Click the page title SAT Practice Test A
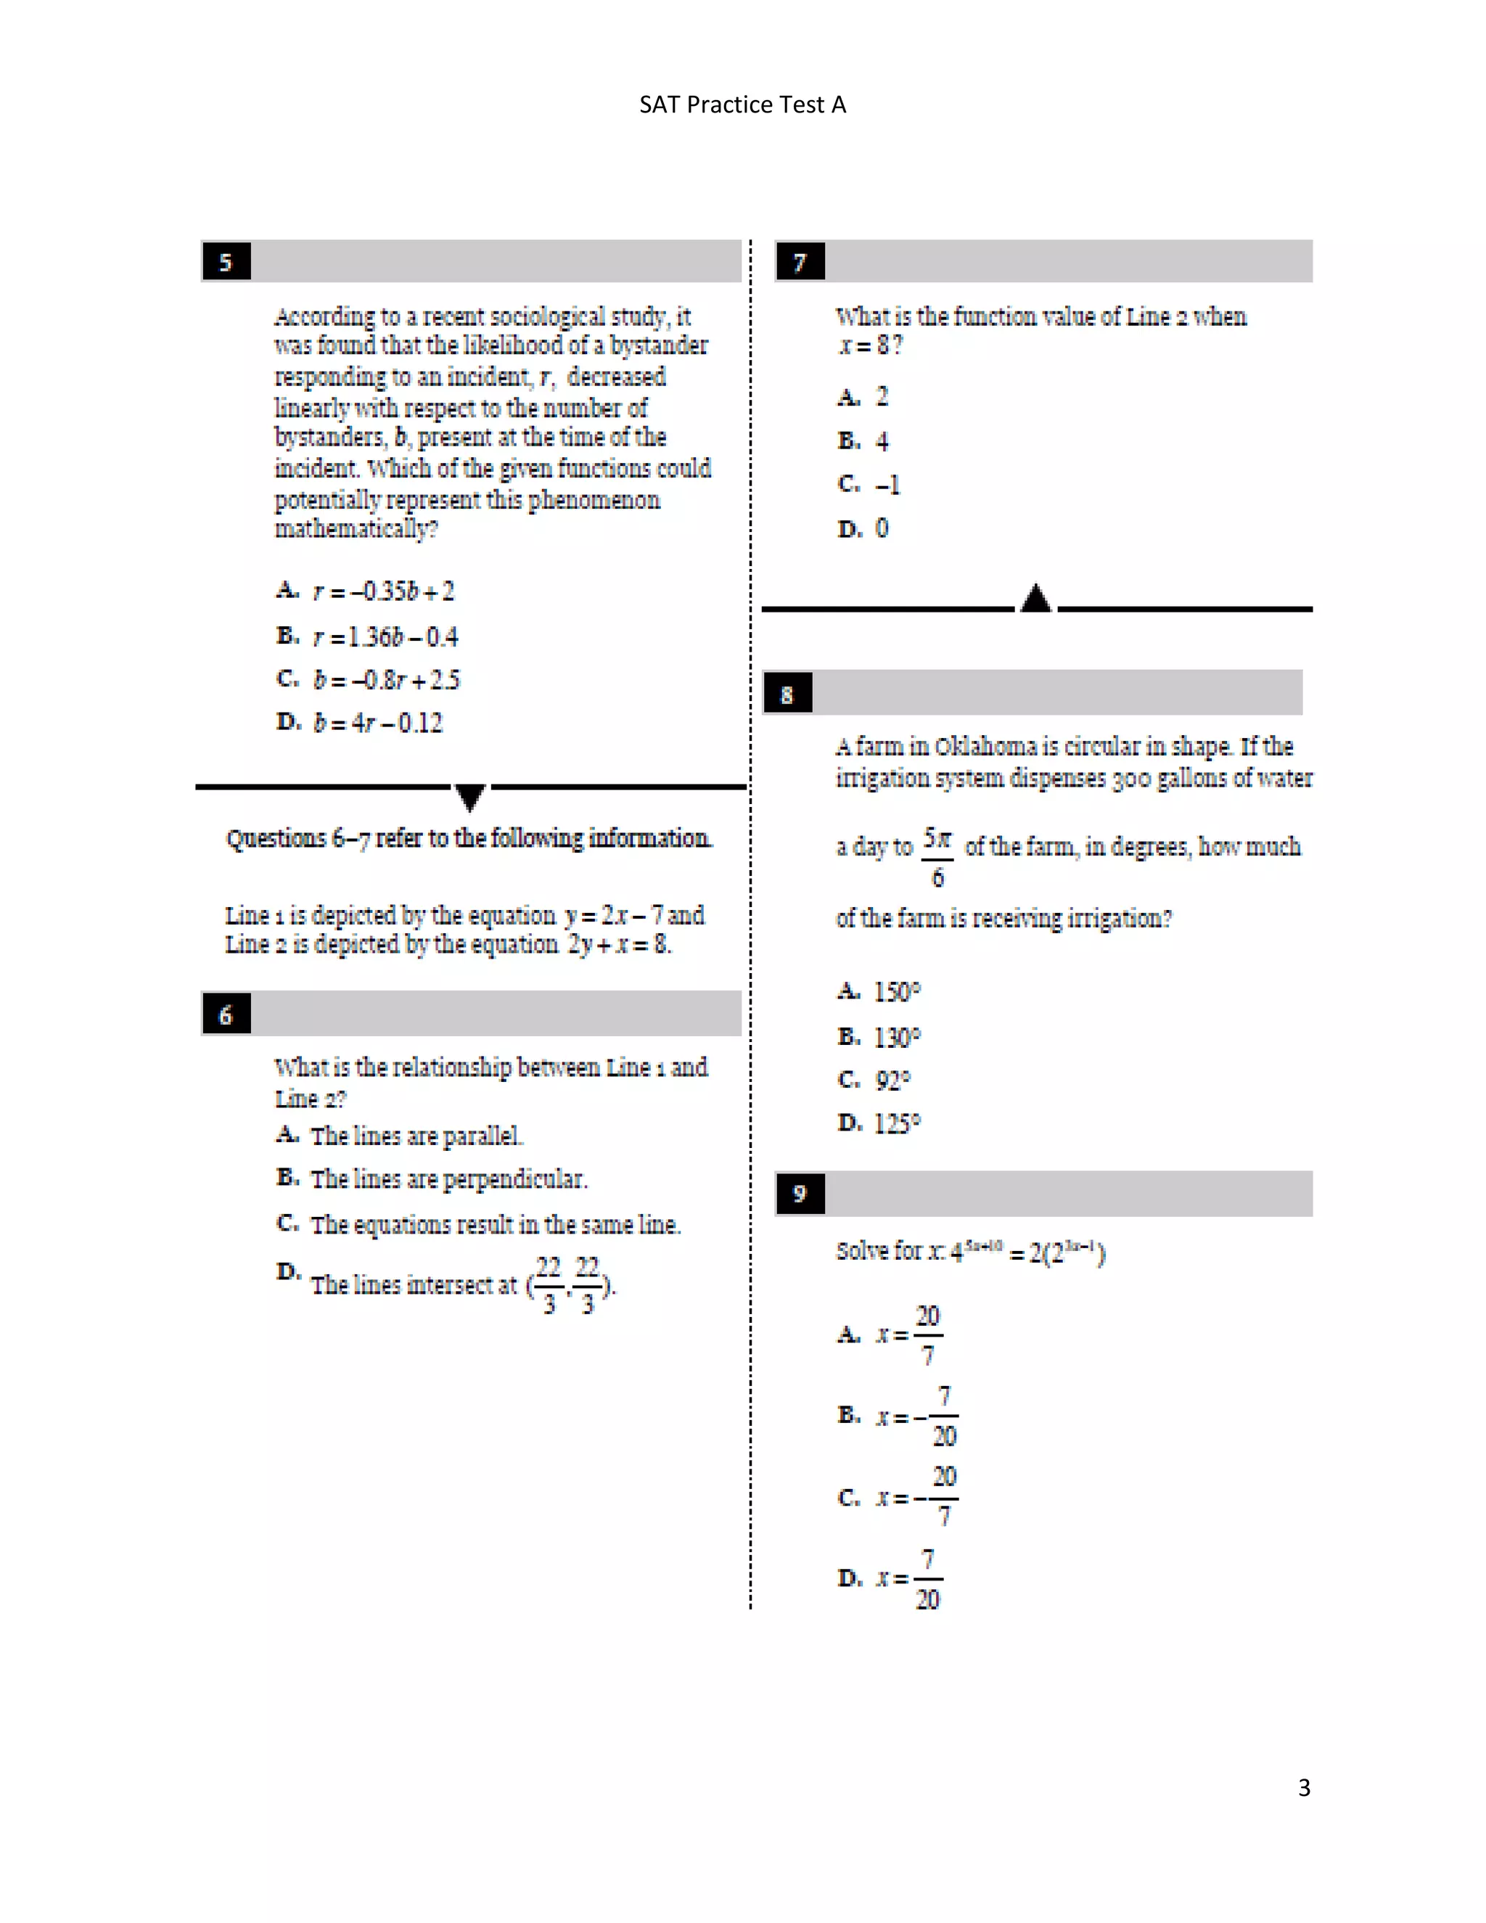742,104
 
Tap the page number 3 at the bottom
1304,1787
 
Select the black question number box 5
226,261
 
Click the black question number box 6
226,1014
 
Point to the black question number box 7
800,261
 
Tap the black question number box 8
787,694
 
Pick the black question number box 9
800,1193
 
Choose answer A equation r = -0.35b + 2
383,591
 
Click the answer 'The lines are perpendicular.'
448,1179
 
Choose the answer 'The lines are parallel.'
416,1136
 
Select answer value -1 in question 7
887,484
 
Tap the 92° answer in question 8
892,1080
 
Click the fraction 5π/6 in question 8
937,856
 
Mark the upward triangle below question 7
1036,599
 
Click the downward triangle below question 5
470,797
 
